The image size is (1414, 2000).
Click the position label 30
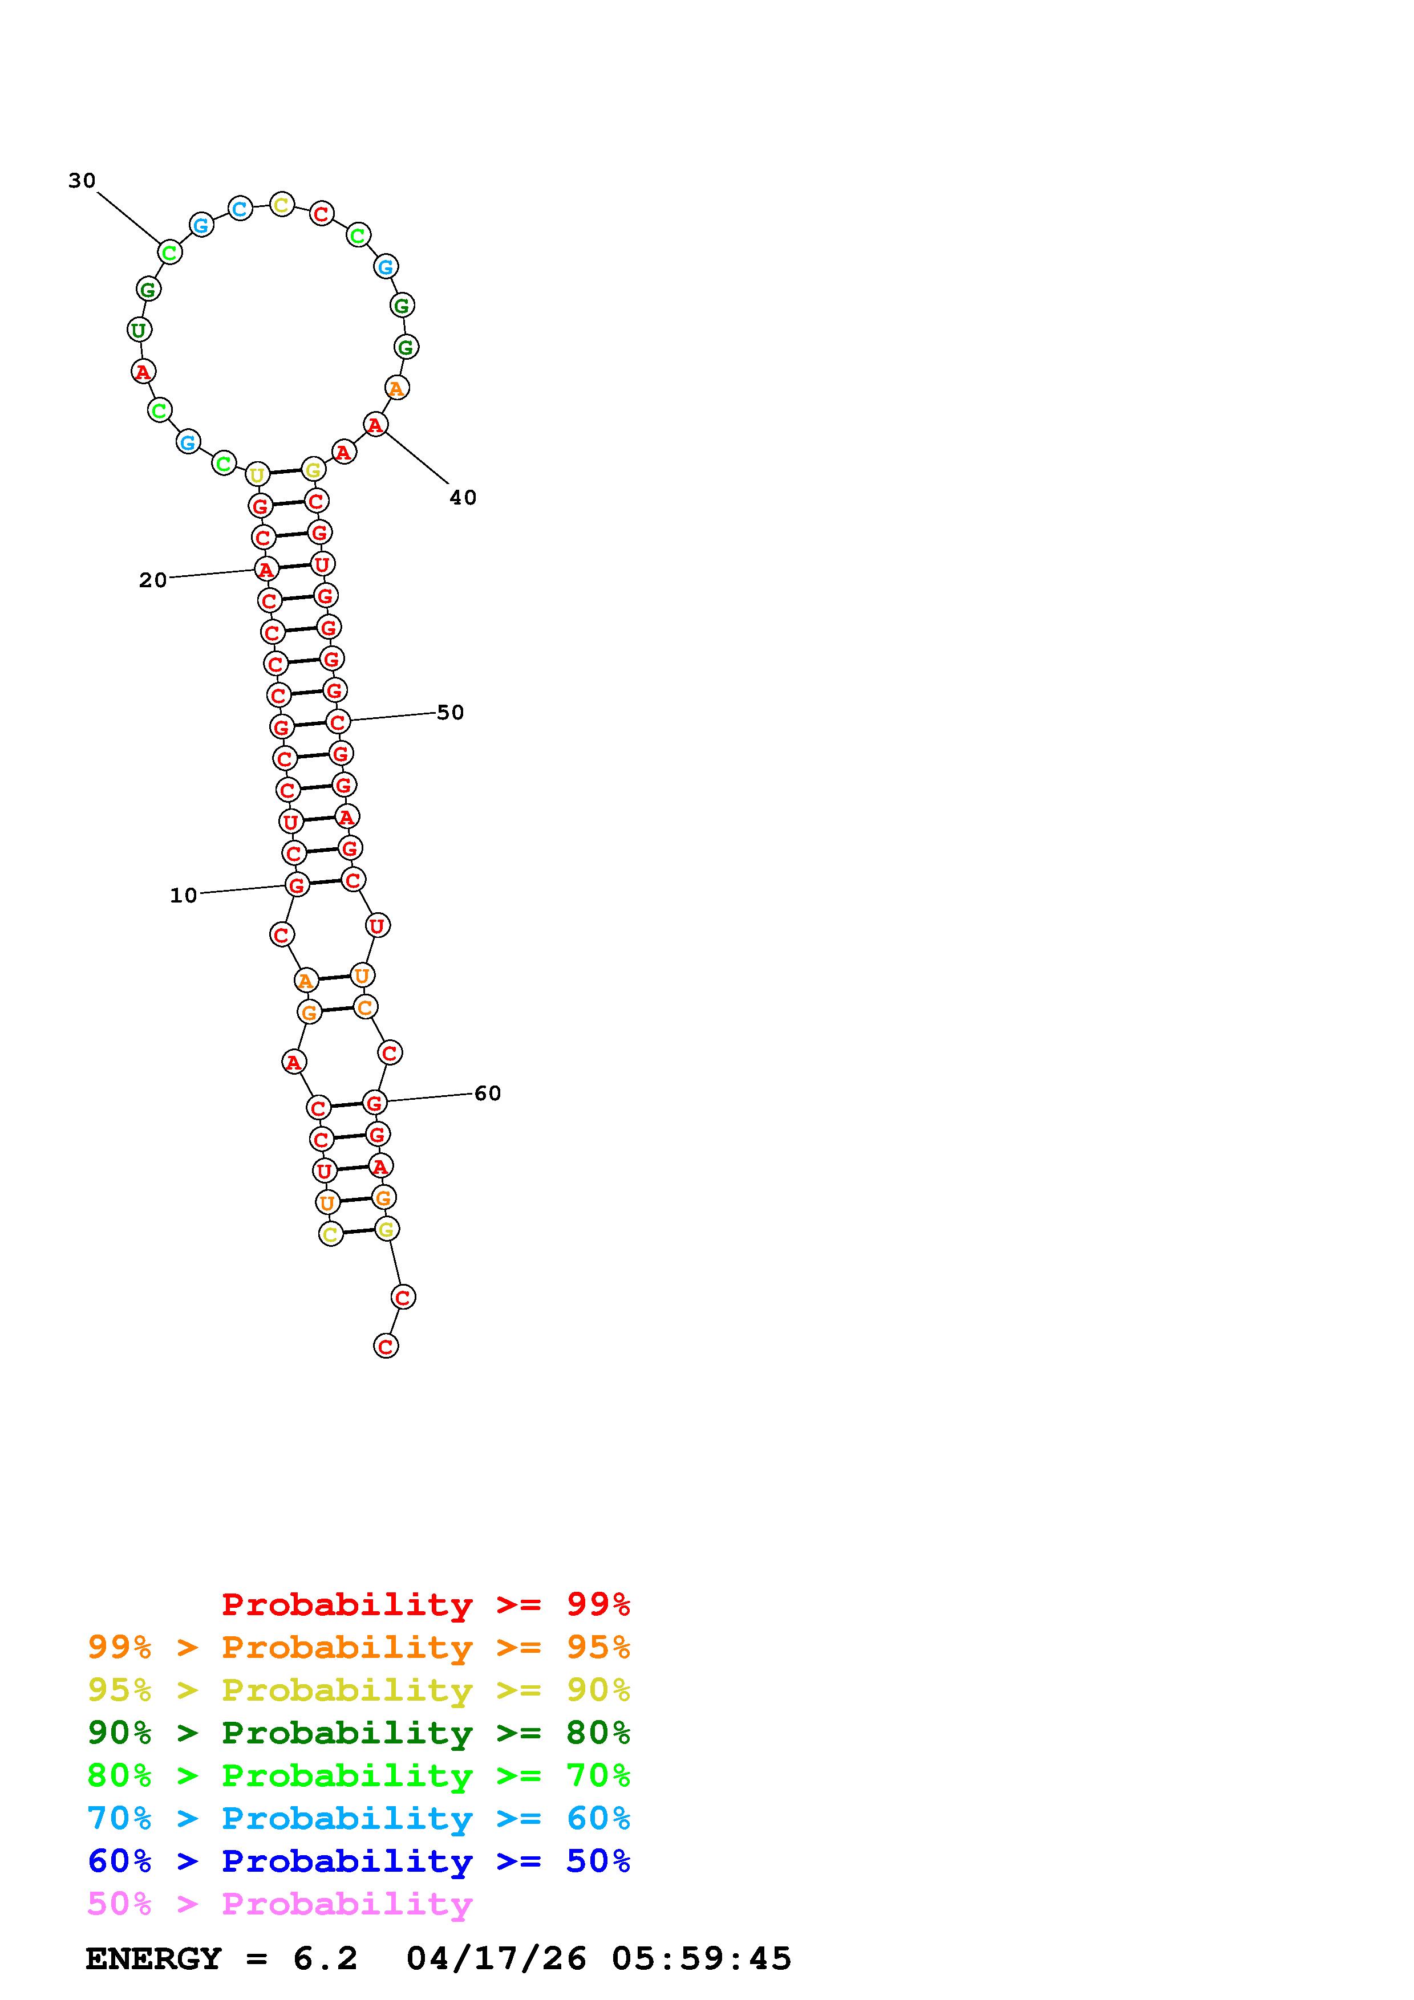(x=82, y=180)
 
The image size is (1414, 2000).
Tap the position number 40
(x=463, y=497)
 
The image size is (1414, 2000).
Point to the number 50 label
(x=451, y=713)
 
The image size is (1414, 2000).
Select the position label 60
(x=488, y=1093)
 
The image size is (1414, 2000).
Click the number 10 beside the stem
(x=183, y=896)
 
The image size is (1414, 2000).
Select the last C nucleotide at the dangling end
(x=386, y=1346)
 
